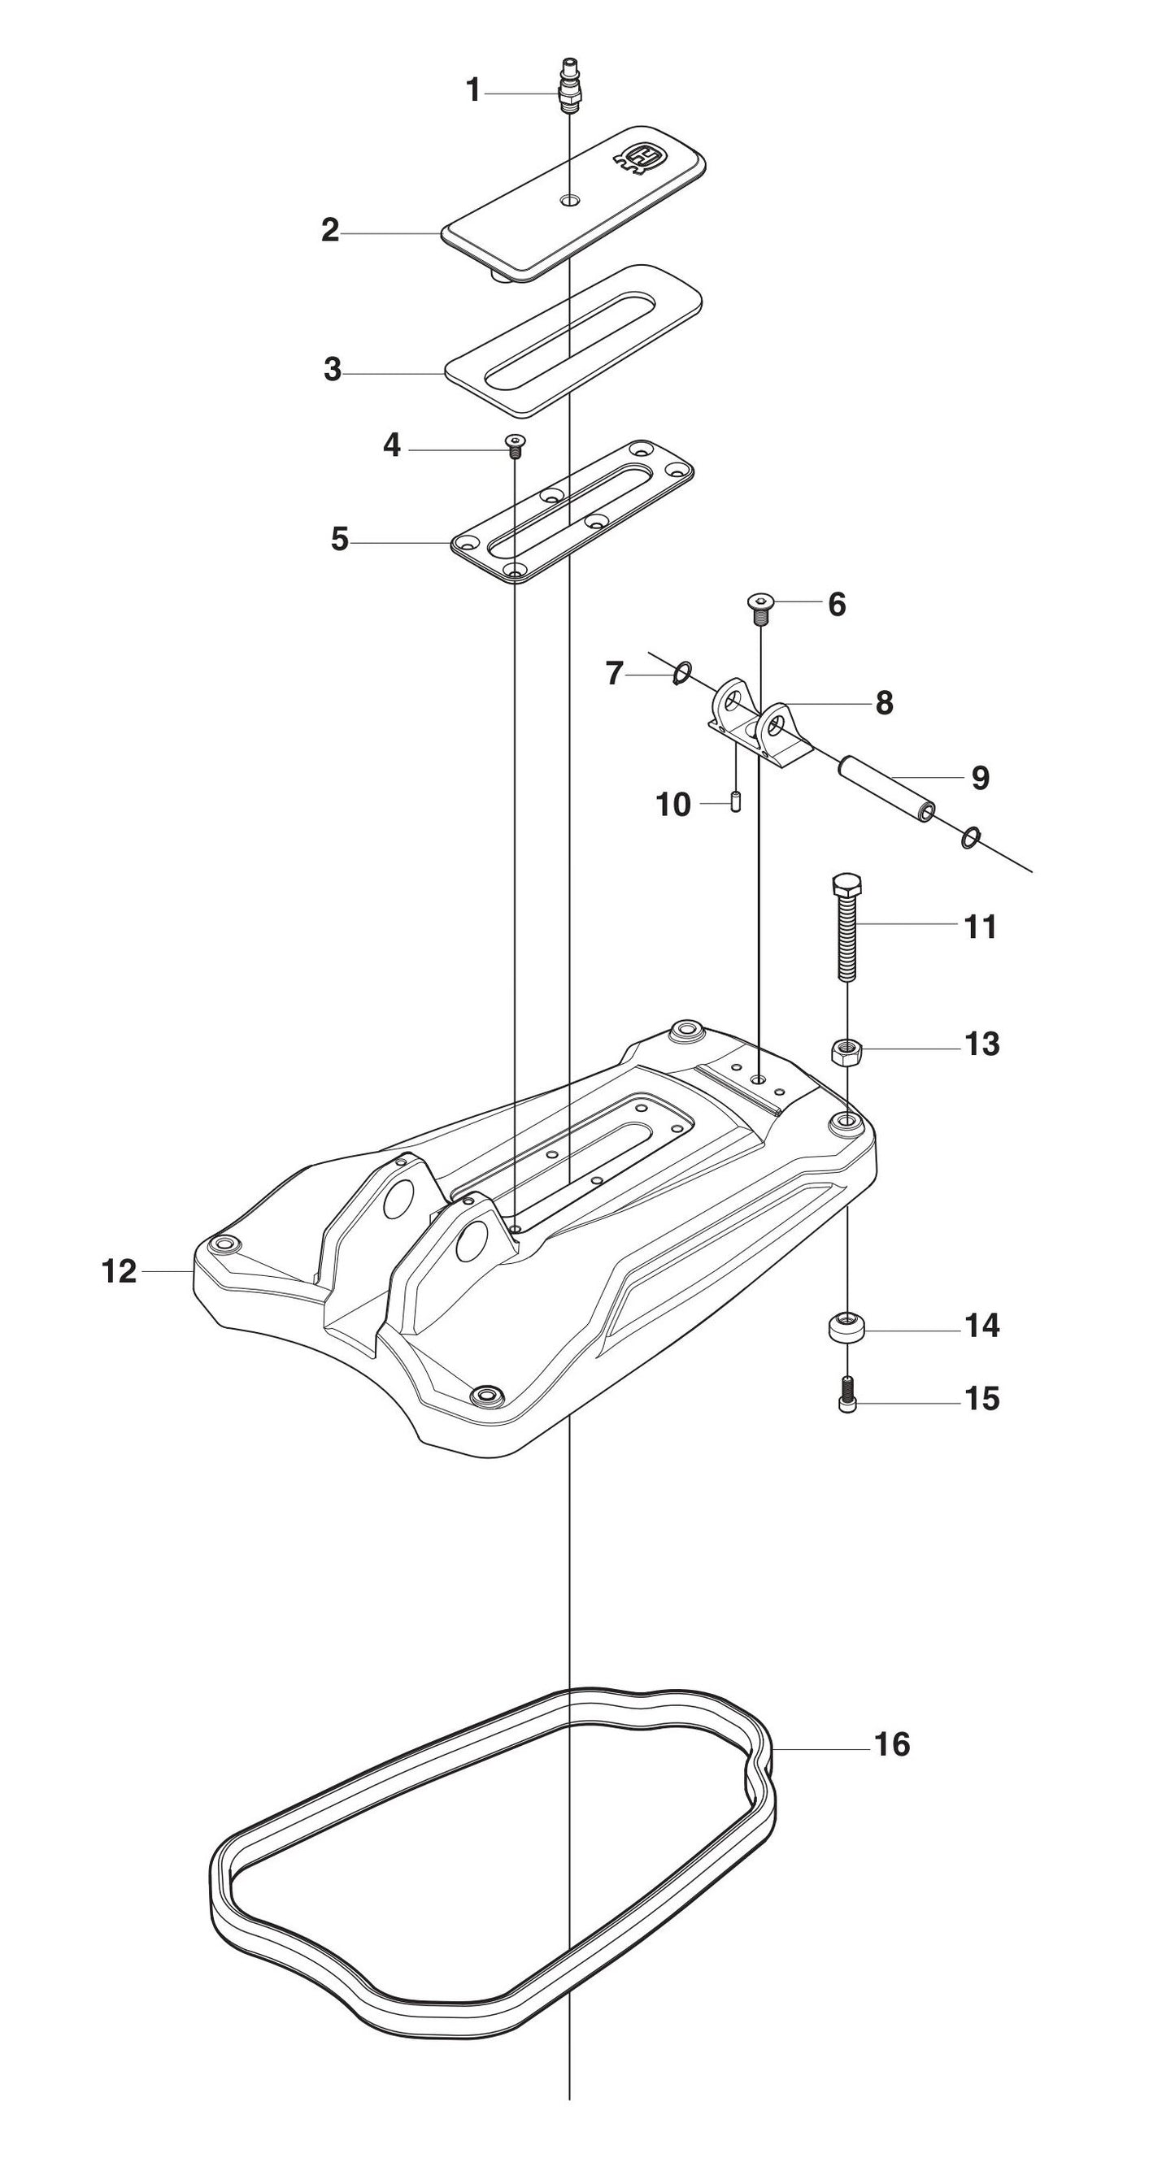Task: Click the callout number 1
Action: [474, 90]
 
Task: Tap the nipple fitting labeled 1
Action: [570, 85]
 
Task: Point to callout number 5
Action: [340, 540]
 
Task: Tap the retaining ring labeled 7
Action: [684, 672]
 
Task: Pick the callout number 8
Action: [883, 702]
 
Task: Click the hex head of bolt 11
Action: [846, 886]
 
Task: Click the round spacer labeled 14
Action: [846, 1329]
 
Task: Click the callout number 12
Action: [119, 1271]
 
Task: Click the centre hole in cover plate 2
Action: [572, 201]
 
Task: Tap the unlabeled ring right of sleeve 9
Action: [971, 837]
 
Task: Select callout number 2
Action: [330, 230]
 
